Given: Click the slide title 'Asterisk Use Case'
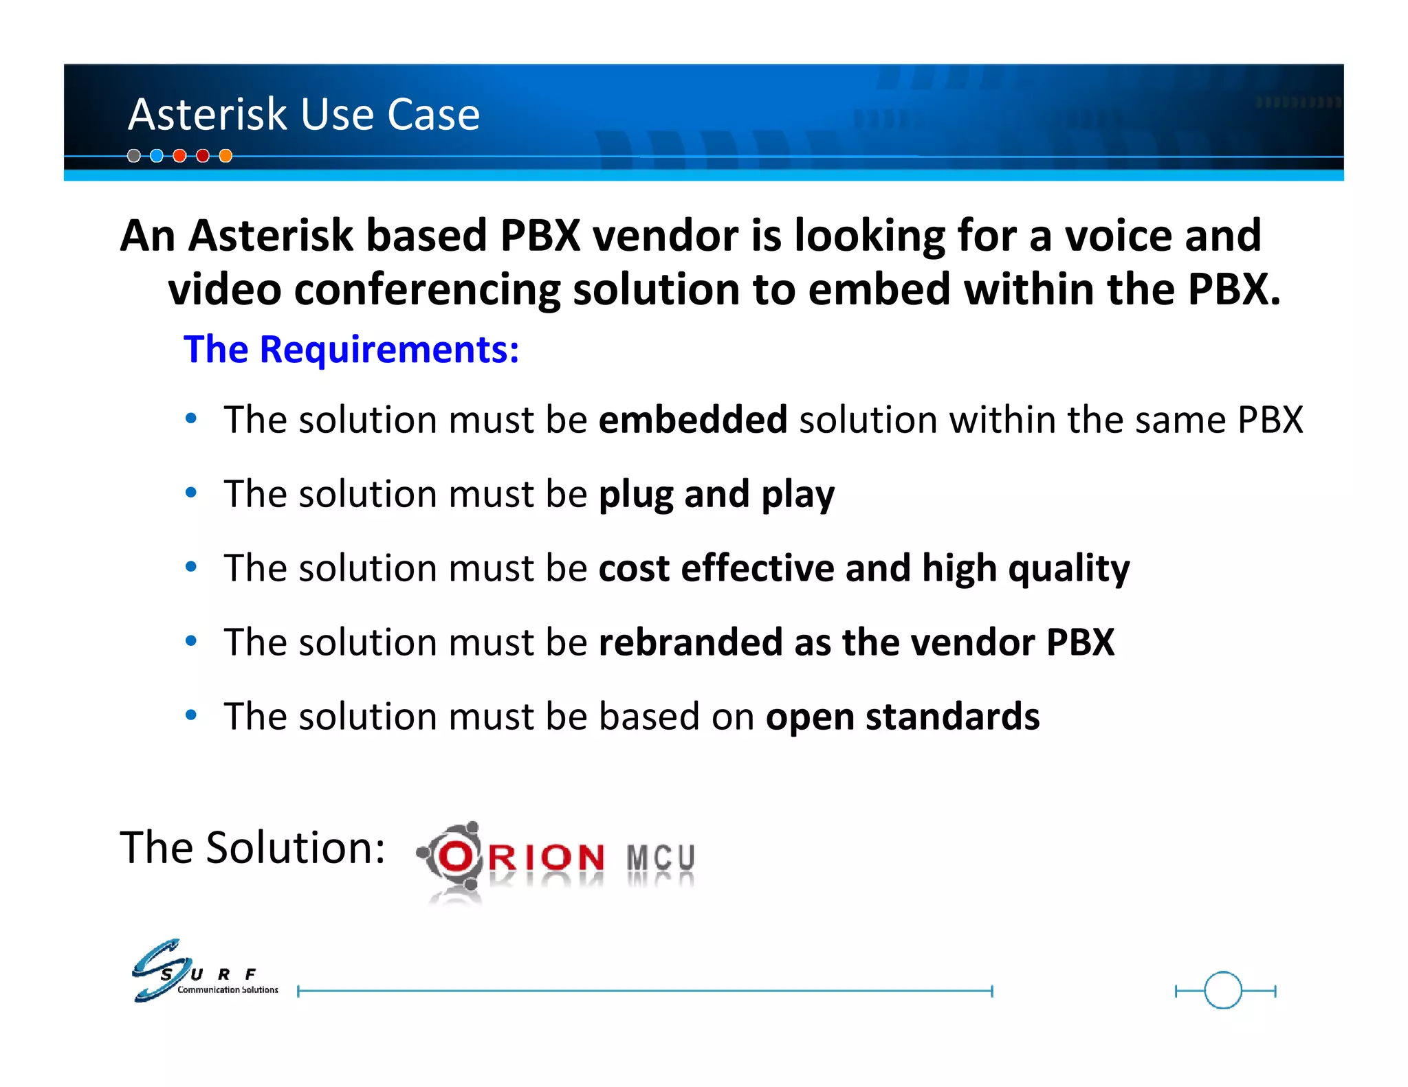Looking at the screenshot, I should (x=303, y=114).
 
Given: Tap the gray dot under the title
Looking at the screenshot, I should (x=134, y=156).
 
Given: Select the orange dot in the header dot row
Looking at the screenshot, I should (x=225, y=156).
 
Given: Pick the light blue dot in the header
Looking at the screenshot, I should (x=157, y=156).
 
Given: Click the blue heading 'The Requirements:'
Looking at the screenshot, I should (x=351, y=349).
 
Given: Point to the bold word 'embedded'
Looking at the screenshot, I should (x=693, y=420).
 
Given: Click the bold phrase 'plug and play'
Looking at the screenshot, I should (x=716, y=495).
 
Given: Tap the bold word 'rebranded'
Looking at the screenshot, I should (x=690, y=642).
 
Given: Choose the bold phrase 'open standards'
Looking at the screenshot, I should (x=902, y=717).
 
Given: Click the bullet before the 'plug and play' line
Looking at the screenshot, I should (x=191, y=492).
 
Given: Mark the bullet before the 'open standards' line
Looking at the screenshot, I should (x=191, y=715).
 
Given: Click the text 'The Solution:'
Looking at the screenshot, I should (x=252, y=847).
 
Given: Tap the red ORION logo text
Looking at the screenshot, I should (x=522, y=858).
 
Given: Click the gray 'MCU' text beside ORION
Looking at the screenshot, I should (x=661, y=858).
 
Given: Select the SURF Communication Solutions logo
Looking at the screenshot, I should (x=203, y=971).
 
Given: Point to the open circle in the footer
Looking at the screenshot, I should (x=1223, y=990).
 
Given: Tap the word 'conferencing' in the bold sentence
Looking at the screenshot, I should (x=427, y=289).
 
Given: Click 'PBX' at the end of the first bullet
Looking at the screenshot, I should (x=1270, y=420).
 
